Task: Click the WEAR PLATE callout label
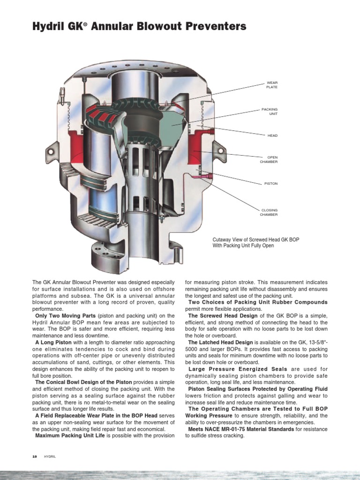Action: coord(272,85)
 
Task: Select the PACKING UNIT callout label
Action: coord(270,112)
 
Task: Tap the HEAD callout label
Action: coord(272,135)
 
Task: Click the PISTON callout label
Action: coord(270,183)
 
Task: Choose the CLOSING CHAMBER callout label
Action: coord(269,212)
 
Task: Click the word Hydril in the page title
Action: coord(50,27)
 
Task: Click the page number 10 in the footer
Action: coord(35,456)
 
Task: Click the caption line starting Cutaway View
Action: coord(255,240)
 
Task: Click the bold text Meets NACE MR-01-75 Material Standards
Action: coord(241,429)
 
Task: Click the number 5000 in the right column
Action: coord(193,349)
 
